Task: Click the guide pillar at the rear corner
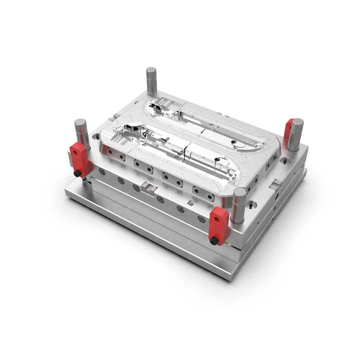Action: coord(151,81)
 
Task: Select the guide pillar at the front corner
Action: coord(239,205)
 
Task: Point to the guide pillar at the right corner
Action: coord(295,134)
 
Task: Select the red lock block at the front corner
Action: coord(219,225)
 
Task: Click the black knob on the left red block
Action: coord(77,174)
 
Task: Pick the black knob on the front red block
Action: coord(214,240)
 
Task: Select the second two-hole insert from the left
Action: coord(143,166)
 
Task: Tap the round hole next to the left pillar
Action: coord(96,137)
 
